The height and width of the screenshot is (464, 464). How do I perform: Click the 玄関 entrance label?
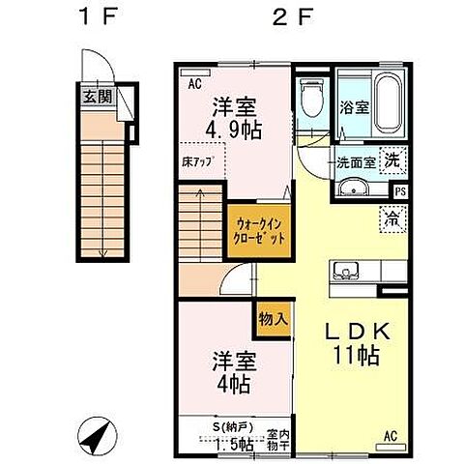pos(96,96)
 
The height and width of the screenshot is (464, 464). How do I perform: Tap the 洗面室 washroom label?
pos(355,161)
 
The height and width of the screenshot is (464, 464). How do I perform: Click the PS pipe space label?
pos(400,190)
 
